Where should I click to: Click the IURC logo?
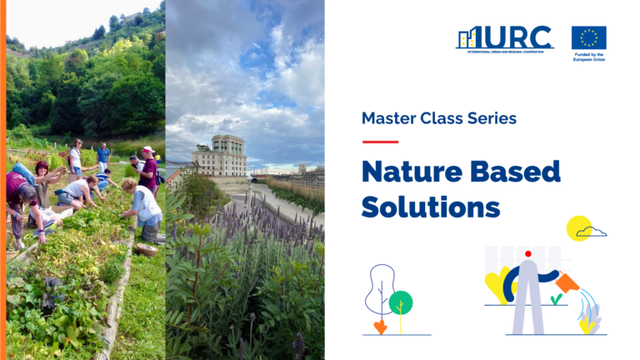tap(504, 38)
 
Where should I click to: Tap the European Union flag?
tap(588, 37)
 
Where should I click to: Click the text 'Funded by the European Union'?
tap(588, 58)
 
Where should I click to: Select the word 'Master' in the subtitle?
tap(391, 118)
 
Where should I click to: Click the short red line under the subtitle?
tap(380, 142)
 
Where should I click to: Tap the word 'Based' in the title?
tap(519, 172)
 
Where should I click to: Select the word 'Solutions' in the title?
tap(431, 206)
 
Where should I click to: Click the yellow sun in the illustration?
tap(578, 227)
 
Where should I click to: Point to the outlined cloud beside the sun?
tap(592, 232)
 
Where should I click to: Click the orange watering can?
tap(567, 282)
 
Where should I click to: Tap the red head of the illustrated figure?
tap(527, 253)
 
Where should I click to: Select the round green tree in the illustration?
tap(401, 302)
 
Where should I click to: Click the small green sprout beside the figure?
tap(556, 298)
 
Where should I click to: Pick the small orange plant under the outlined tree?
tap(381, 326)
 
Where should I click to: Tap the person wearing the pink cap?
tap(148, 169)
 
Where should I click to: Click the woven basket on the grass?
tap(147, 248)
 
